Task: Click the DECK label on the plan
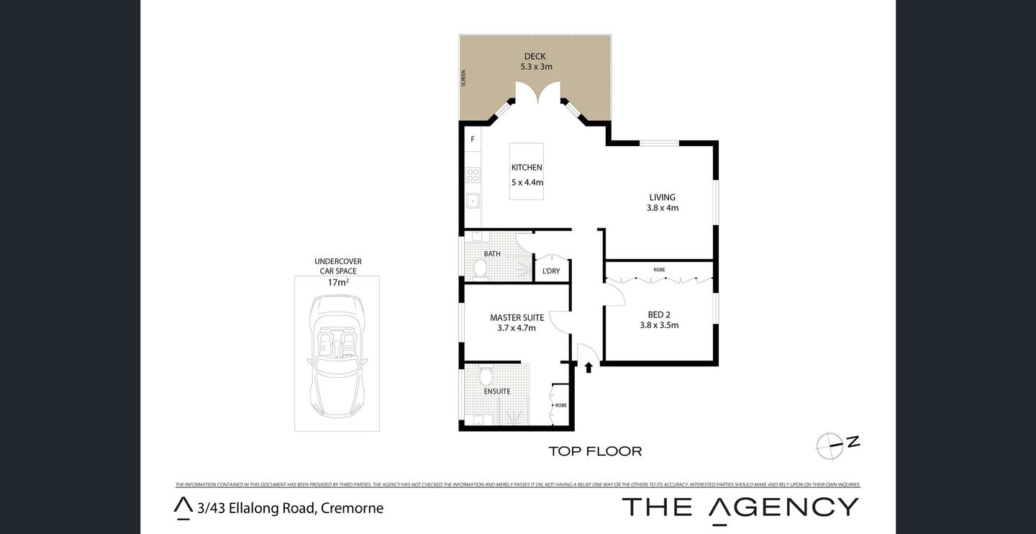535,56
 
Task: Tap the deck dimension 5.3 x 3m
536,67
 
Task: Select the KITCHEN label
527,168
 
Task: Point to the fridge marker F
473,139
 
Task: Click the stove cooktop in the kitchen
473,175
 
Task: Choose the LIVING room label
662,197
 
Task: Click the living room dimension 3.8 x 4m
662,208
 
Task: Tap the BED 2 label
659,314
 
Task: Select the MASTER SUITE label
517,317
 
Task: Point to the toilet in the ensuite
486,376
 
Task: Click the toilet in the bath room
480,269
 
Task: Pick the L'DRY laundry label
551,271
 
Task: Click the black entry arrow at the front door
589,368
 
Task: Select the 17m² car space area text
337,283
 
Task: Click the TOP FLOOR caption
594,452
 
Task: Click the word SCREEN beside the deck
464,78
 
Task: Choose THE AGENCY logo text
740,507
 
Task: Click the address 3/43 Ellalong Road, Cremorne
290,508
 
